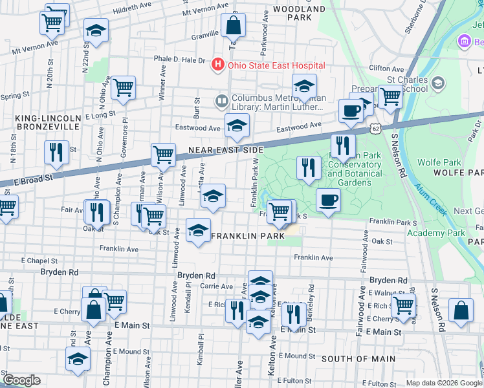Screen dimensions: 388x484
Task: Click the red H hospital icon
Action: (x=217, y=65)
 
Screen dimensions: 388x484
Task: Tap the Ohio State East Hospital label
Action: (x=274, y=65)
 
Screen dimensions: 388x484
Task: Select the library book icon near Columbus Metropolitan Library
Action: (x=221, y=101)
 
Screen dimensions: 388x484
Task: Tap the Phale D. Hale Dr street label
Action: (x=179, y=59)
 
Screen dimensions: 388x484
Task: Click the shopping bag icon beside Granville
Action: (x=233, y=26)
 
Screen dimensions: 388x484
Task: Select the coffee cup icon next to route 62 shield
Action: (x=351, y=110)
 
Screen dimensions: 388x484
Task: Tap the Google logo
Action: (x=21, y=380)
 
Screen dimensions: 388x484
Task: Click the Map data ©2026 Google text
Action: (x=444, y=383)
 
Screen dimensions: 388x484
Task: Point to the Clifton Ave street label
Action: (x=386, y=68)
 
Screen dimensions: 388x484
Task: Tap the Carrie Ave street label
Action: (x=217, y=285)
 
